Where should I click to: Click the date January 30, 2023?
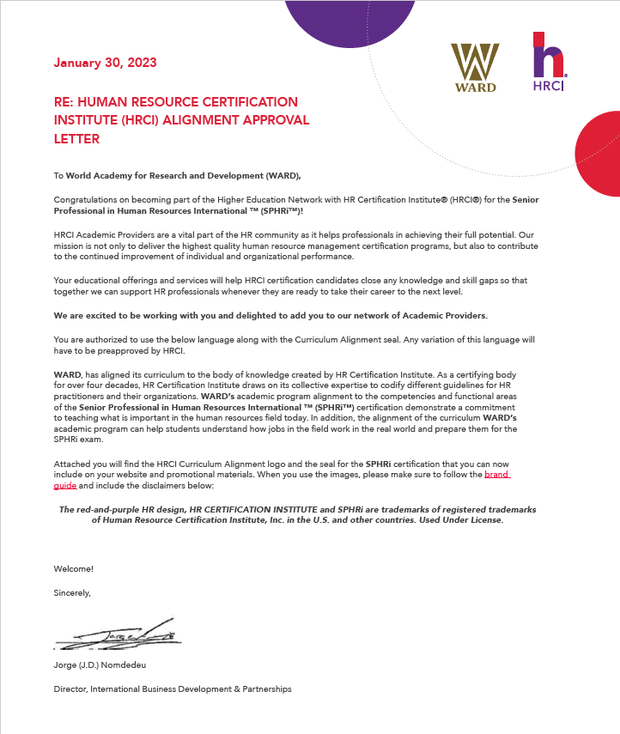[x=105, y=63]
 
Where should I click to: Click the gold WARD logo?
[x=474, y=67]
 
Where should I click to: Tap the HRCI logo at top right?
[x=549, y=63]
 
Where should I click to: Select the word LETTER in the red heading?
[x=76, y=138]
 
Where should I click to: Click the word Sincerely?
[x=71, y=592]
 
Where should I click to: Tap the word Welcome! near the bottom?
[x=73, y=568]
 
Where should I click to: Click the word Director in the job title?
[x=70, y=689]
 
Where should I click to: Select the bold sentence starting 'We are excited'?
[x=270, y=315]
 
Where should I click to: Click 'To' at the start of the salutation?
[x=58, y=175]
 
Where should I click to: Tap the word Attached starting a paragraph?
[x=72, y=464]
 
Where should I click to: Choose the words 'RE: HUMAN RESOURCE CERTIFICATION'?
[x=175, y=102]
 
